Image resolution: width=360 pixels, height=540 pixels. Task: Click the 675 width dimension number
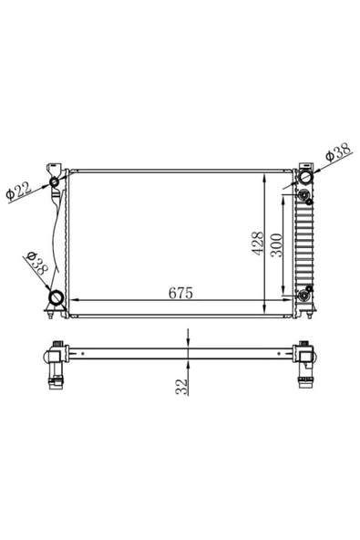[180, 293]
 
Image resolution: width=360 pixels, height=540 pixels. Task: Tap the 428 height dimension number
[257, 244]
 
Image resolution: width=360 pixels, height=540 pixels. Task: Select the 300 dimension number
[276, 244]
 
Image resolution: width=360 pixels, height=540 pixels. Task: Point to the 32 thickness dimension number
[182, 387]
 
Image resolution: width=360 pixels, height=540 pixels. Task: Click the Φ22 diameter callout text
[19, 192]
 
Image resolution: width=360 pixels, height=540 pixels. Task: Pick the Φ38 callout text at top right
[338, 152]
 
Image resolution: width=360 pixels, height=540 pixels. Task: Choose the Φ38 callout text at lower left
[37, 263]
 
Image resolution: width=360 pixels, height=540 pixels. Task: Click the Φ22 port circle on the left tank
[55, 182]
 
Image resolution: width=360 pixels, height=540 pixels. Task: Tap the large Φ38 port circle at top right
[305, 177]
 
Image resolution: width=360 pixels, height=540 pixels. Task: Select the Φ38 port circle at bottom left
[57, 297]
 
